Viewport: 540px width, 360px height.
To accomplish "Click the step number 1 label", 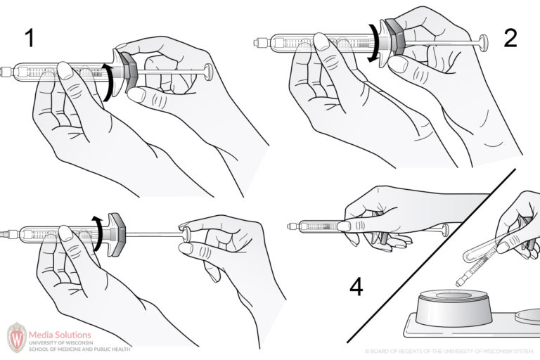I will pyautogui.click(x=29, y=39).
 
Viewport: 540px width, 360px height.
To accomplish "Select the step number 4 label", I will pyautogui.click(x=356, y=287).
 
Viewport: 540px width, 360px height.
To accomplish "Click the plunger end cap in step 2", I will pyautogui.click(x=483, y=41).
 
